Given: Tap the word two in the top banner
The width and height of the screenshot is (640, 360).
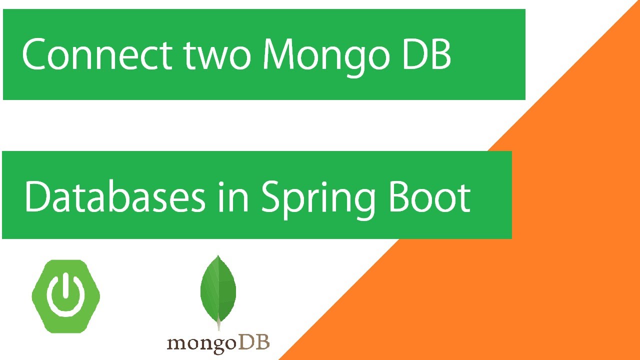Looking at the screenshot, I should click(217, 55).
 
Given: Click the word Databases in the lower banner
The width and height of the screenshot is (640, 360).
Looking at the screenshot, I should click(114, 196).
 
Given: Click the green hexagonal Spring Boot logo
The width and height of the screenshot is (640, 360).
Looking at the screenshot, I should click(66, 296).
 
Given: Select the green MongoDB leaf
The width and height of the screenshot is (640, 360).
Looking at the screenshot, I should click(218, 289).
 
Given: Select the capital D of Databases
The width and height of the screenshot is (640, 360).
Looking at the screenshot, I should click(38, 196).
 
